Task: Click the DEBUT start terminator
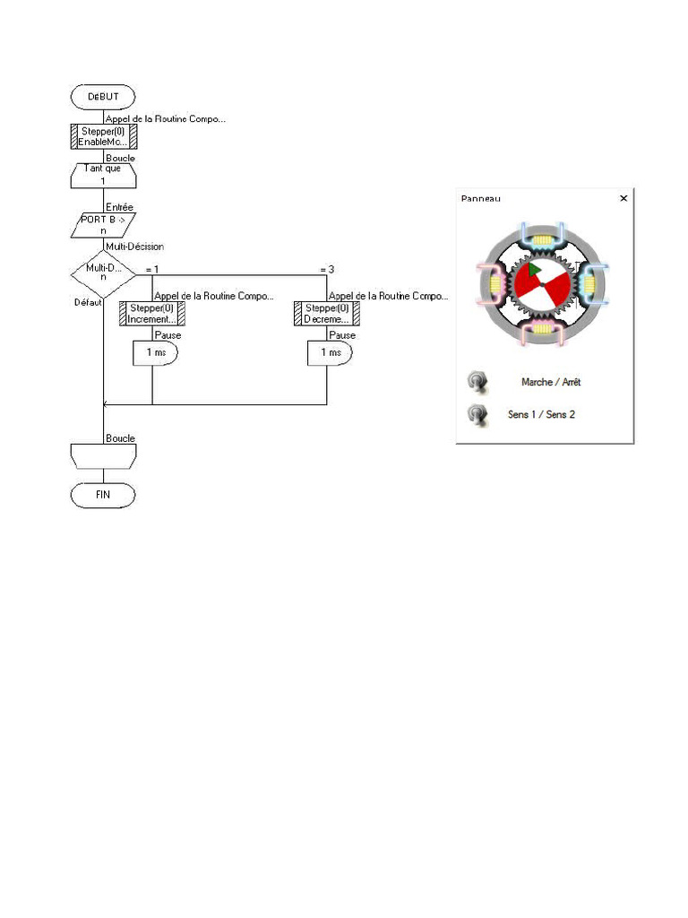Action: pyautogui.click(x=103, y=97)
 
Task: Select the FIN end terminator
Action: pyautogui.click(x=103, y=495)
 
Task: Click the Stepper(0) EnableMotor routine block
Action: pyautogui.click(x=103, y=136)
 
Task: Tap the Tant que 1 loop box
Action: pyautogui.click(x=103, y=175)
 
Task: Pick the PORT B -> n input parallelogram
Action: pyautogui.click(x=103, y=225)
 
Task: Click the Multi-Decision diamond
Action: pyautogui.click(x=103, y=272)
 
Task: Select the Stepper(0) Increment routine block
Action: pyautogui.click(x=152, y=314)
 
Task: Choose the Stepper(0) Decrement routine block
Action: pyautogui.click(x=327, y=314)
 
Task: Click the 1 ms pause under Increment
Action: pyautogui.click(x=156, y=353)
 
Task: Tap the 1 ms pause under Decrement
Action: pyautogui.click(x=331, y=353)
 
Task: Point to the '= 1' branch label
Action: pyautogui.click(x=152, y=270)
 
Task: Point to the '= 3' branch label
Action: pyautogui.click(x=327, y=270)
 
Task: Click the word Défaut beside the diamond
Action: pyautogui.click(x=87, y=303)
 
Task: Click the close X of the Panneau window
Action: pyautogui.click(x=623, y=198)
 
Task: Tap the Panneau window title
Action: pyautogui.click(x=481, y=198)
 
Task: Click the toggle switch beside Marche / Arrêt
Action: pyautogui.click(x=477, y=383)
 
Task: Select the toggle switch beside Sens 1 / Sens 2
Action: pyautogui.click(x=477, y=415)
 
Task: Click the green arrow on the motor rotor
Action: pyautogui.click(x=533, y=269)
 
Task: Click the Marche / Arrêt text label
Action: pyautogui.click(x=551, y=383)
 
